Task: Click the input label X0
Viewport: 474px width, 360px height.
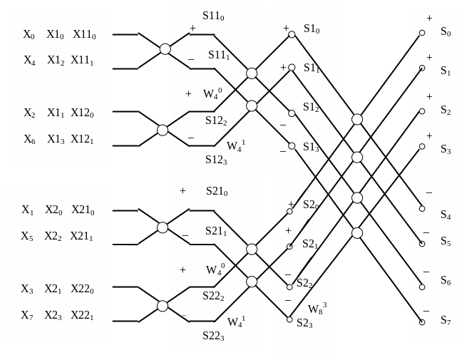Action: pyautogui.click(x=29, y=34)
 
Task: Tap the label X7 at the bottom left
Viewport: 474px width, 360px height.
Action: pyautogui.click(x=27, y=315)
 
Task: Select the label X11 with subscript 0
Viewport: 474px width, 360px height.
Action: pyautogui.click(x=84, y=34)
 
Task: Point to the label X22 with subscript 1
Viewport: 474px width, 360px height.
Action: pyautogui.click(x=82, y=315)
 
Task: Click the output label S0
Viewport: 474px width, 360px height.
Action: pyautogui.click(x=445, y=32)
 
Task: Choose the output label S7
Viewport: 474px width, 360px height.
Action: pyautogui.click(x=445, y=321)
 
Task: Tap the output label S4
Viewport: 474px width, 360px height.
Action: pyautogui.click(x=445, y=215)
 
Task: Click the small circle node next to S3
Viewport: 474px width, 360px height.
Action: pyautogui.click(x=422, y=147)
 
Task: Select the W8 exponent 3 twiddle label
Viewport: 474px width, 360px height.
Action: pyautogui.click(x=317, y=309)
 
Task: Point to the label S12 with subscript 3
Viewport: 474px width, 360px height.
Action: pyautogui.click(x=216, y=160)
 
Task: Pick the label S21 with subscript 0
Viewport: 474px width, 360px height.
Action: pyautogui.click(x=217, y=191)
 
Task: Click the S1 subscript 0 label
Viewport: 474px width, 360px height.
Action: pyautogui.click(x=311, y=29)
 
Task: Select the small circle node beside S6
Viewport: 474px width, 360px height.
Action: pyautogui.click(x=422, y=287)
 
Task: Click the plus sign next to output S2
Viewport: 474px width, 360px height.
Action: pyautogui.click(x=429, y=96)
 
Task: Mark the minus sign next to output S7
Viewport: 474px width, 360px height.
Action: pyautogui.click(x=426, y=310)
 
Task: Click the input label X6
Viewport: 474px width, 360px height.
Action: pyautogui.click(x=29, y=139)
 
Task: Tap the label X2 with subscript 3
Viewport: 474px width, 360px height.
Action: pyautogui.click(x=53, y=315)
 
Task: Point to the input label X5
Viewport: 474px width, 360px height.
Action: pyautogui.click(x=26, y=236)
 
